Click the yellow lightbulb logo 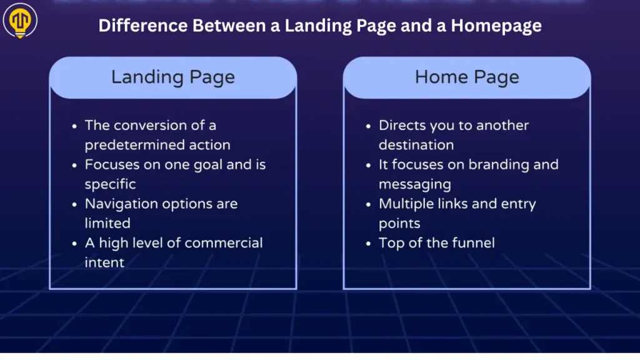[20, 21]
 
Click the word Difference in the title [143, 25]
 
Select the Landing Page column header [173, 77]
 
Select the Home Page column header [467, 77]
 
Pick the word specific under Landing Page [110, 184]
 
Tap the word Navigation [122, 204]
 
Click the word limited [107, 223]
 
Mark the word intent [104, 262]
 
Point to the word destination [416, 145]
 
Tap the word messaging [415, 184]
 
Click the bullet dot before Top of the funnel [369, 244]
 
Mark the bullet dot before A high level [74, 244]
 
